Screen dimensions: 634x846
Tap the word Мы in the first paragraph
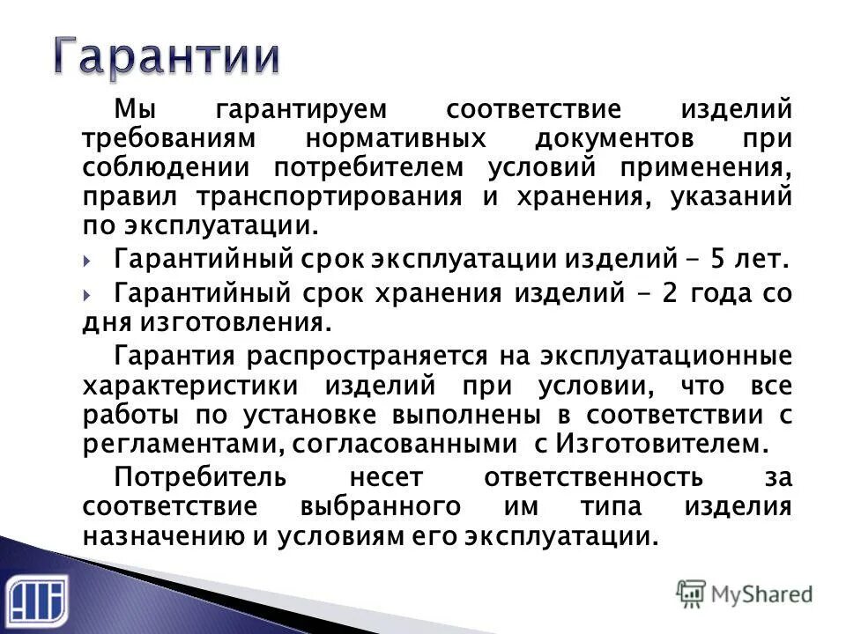[x=134, y=111]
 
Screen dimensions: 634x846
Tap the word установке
[x=328, y=414]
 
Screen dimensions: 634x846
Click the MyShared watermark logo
[x=745, y=593]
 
